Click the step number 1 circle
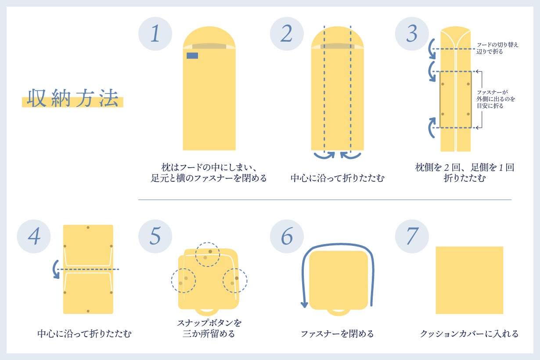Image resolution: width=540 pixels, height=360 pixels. point(155,34)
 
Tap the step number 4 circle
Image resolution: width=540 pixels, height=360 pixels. point(34,236)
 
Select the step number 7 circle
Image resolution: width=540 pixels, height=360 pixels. point(412,236)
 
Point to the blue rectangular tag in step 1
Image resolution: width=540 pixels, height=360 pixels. point(192,56)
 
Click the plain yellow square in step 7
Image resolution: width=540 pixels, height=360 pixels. point(469,280)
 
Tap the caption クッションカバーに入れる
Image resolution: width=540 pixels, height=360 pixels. point(469,334)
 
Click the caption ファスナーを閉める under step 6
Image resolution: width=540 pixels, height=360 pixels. point(337,334)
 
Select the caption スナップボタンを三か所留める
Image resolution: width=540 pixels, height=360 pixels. point(209,328)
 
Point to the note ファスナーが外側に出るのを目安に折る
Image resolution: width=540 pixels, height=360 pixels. point(496,99)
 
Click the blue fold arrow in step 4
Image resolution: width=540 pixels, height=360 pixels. point(56,270)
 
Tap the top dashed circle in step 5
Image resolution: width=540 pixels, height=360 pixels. point(207,254)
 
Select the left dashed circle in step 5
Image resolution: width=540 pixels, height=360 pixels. point(184,281)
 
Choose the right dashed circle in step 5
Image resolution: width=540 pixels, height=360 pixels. point(235,281)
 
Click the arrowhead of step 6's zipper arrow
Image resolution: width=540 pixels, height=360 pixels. point(305,305)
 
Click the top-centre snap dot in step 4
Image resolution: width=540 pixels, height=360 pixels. point(88,227)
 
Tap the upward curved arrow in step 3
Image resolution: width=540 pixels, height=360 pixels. point(432,128)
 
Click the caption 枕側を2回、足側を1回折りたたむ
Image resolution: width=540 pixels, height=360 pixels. point(464,173)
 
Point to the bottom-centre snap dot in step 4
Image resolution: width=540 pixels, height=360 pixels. point(88,311)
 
